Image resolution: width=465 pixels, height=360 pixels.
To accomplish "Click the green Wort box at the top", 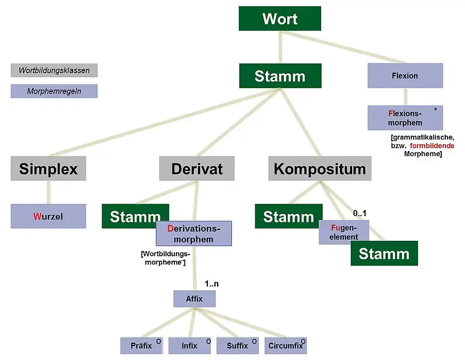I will point(279,19).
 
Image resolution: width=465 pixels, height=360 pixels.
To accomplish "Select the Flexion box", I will point(405,76).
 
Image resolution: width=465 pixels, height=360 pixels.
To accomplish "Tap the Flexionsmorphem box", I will point(405,118).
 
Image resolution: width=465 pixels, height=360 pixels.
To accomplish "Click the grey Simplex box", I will point(48,169).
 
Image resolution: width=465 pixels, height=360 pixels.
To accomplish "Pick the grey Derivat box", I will point(197,169).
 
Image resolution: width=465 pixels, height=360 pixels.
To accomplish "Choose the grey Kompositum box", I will point(320,169).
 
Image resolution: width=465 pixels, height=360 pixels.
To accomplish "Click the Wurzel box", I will point(48,216).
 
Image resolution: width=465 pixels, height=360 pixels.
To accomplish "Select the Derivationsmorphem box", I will point(194,234).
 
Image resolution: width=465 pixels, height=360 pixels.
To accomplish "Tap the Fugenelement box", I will point(344,232).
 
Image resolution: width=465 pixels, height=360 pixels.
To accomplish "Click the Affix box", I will point(194,299).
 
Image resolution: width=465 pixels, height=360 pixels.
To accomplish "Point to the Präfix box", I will point(141,345).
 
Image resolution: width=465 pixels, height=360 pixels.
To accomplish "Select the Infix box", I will point(189,345).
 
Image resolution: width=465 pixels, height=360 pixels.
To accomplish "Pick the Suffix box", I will point(237,345).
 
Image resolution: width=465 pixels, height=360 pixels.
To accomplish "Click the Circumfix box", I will point(286,345).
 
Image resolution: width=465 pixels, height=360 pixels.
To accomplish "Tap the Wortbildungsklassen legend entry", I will point(54,70).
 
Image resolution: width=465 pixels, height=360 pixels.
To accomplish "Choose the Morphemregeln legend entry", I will point(54,91).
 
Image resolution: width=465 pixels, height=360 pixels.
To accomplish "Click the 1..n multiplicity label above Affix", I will point(211,284).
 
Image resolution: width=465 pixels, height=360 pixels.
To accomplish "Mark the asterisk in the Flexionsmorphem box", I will point(435,110).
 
